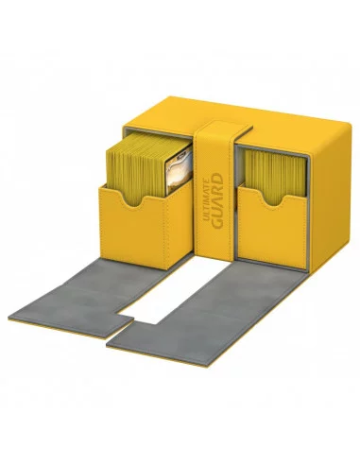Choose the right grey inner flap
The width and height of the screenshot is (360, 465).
tap(236, 302)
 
